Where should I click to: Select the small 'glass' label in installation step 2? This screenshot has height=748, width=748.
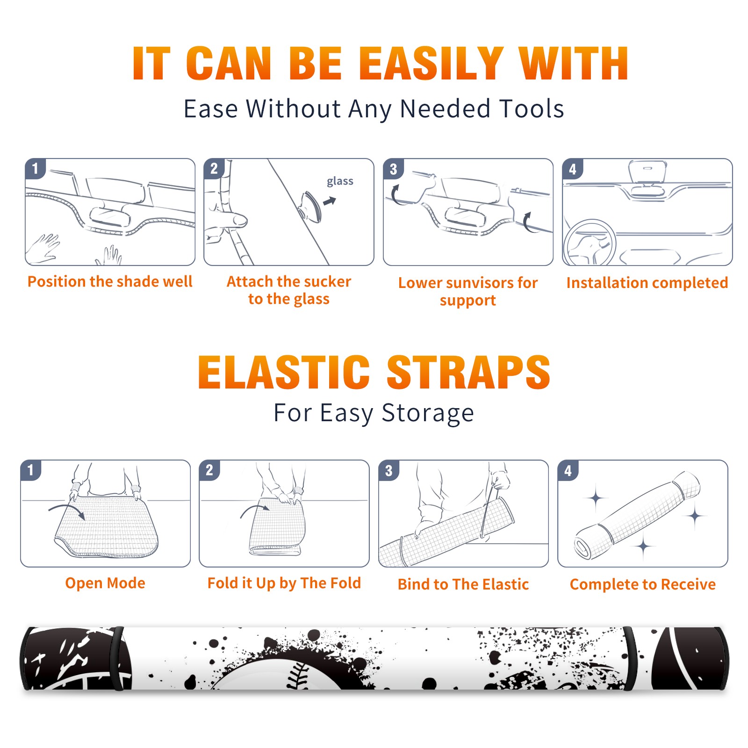[340, 181]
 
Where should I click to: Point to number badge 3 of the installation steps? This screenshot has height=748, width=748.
[393, 169]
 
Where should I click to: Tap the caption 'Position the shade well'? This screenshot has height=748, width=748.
[110, 281]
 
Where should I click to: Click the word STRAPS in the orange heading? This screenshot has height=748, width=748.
[468, 372]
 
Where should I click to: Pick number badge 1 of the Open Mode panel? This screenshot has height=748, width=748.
[31, 470]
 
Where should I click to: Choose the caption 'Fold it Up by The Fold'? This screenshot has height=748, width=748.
[284, 583]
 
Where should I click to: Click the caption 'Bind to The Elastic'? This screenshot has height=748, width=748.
[463, 584]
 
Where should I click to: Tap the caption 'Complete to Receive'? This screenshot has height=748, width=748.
[643, 584]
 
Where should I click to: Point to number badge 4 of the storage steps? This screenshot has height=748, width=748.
[568, 470]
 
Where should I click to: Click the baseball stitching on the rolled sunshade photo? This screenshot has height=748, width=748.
[298, 677]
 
